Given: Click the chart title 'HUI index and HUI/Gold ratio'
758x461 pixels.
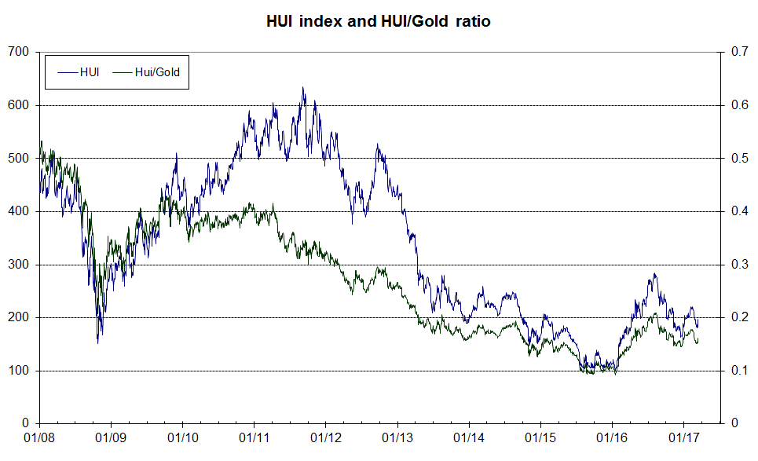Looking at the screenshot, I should tap(379, 22).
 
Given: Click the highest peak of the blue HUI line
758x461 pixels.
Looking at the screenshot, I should tap(303, 87).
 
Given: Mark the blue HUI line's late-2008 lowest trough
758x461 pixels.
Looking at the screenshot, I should tap(98, 342).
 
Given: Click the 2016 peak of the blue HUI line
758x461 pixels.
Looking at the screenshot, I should tap(654, 274).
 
